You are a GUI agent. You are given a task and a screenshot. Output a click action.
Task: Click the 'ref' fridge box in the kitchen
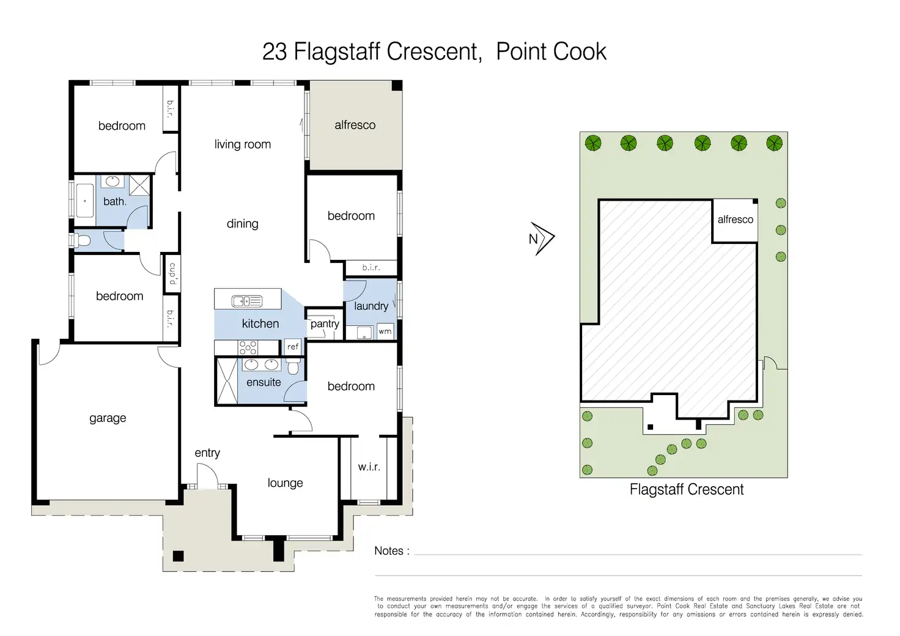click(x=293, y=346)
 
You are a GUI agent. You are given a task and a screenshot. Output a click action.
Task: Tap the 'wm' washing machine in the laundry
click(x=385, y=331)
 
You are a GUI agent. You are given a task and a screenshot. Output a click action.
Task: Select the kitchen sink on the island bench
click(x=247, y=301)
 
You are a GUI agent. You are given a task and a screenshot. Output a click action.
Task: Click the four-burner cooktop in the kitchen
click(x=248, y=347)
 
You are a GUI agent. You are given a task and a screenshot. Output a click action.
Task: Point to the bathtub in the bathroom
click(x=85, y=201)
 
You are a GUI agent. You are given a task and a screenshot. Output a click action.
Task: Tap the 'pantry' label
click(x=325, y=324)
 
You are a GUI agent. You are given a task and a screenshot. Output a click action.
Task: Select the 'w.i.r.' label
click(x=369, y=467)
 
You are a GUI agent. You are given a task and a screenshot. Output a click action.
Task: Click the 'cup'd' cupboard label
click(x=172, y=273)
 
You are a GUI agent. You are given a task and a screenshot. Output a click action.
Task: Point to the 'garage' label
click(x=108, y=418)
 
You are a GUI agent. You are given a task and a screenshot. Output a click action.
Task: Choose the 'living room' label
click(x=242, y=144)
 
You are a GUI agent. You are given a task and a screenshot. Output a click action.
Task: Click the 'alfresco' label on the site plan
click(x=736, y=220)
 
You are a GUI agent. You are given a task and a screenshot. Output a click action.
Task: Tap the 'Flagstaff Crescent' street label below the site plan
click(x=687, y=489)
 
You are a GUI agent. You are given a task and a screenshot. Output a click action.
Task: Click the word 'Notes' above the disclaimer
click(x=388, y=550)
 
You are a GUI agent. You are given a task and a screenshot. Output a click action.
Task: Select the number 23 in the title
click(x=275, y=52)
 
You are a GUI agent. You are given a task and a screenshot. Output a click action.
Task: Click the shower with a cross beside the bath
click(x=139, y=185)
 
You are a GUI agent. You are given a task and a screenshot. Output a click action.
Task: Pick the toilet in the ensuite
click(x=293, y=366)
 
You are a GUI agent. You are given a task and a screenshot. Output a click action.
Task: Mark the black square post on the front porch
click(x=178, y=556)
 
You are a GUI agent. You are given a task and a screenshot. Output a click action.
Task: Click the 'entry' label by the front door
click(x=207, y=453)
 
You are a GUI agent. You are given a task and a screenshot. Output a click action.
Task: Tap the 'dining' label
click(x=242, y=224)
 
